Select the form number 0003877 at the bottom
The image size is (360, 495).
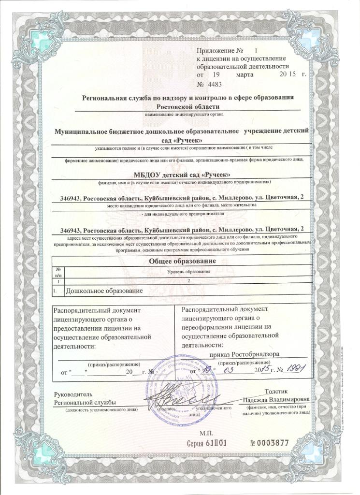pyautogui.click(x=270, y=442)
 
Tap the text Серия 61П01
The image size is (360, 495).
pyautogui.click(x=206, y=442)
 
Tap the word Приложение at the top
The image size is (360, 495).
pyautogui.click(x=216, y=50)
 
